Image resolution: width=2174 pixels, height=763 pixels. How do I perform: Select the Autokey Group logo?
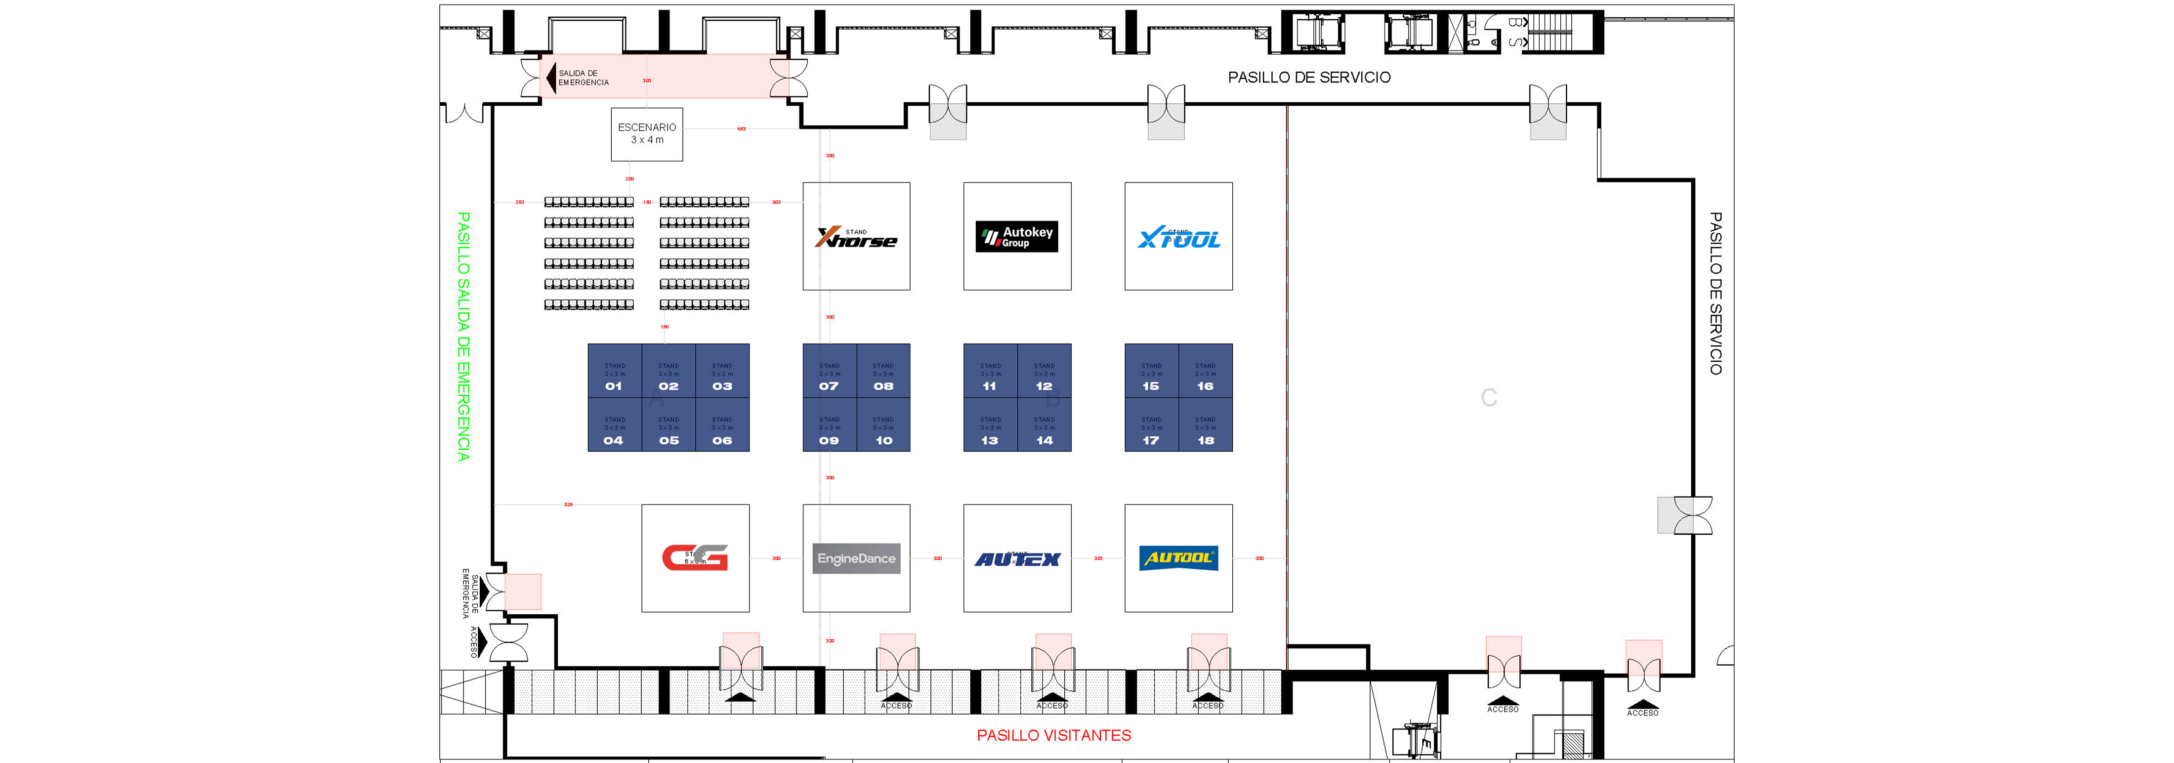[x=1017, y=236]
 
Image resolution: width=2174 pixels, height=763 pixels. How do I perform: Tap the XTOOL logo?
[x=1178, y=238]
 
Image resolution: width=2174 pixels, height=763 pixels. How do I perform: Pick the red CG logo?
[x=695, y=558]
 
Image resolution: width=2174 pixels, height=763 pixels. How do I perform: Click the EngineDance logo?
[x=856, y=558]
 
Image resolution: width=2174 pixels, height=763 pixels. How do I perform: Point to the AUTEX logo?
[x=1017, y=559]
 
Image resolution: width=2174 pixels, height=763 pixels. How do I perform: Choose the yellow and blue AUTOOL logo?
[x=1178, y=558]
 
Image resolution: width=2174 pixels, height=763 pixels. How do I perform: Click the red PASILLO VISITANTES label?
[x=1053, y=735]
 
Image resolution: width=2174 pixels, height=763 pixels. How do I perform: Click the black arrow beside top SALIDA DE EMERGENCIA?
[x=551, y=78]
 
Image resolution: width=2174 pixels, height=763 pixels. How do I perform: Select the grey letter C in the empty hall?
[x=1489, y=397]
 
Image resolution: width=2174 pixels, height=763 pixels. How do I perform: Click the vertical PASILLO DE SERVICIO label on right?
[x=1715, y=293]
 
